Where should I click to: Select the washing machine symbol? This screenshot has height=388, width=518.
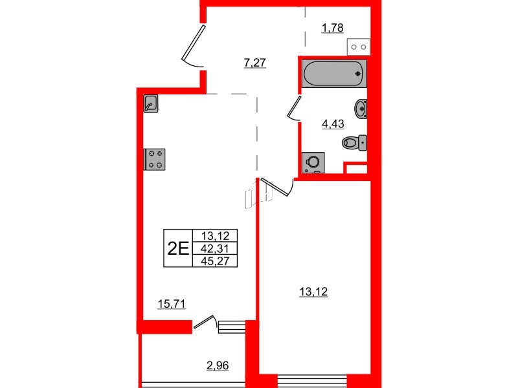314,162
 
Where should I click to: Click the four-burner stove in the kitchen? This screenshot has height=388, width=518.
155,158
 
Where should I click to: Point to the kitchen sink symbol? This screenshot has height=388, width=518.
151,103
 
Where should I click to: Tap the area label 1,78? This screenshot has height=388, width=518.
332,27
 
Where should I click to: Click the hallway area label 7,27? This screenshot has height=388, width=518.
255,63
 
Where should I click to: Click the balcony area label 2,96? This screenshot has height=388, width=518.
218,367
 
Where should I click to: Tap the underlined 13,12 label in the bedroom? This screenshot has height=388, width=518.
313,292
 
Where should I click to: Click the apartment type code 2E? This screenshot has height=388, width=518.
177,248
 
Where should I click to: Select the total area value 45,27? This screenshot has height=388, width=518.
220,261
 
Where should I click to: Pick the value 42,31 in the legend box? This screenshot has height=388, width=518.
220,248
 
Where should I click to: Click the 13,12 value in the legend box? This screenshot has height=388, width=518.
220,236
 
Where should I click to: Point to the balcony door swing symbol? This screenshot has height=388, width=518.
206,321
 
